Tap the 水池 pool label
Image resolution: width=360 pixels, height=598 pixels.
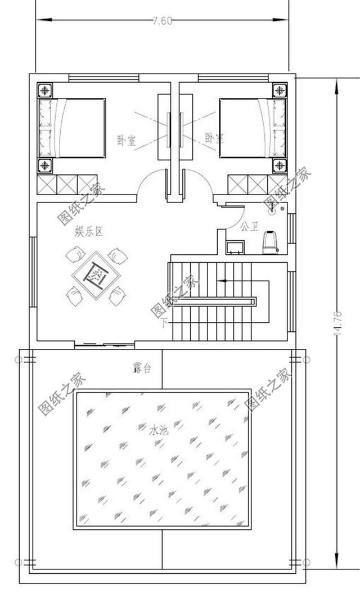[159, 430]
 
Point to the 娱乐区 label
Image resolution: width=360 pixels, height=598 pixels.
[89, 231]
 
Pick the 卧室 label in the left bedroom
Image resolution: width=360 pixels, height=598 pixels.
[125, 140]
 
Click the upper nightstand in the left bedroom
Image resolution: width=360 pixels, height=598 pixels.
[44, 90]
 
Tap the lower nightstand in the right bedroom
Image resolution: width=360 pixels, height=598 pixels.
[280, 165]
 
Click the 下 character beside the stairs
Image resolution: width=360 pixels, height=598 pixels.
[164, 323]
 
